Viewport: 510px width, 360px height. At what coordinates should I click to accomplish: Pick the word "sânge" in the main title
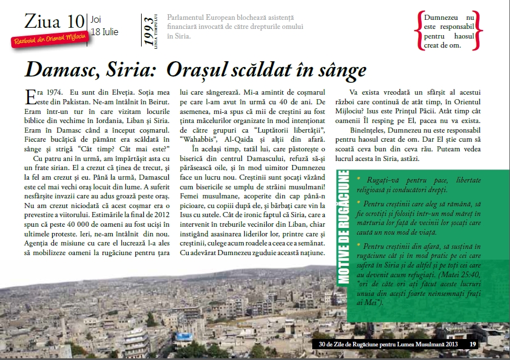point(336,70)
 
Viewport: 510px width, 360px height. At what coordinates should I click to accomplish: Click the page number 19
point(473,344)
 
